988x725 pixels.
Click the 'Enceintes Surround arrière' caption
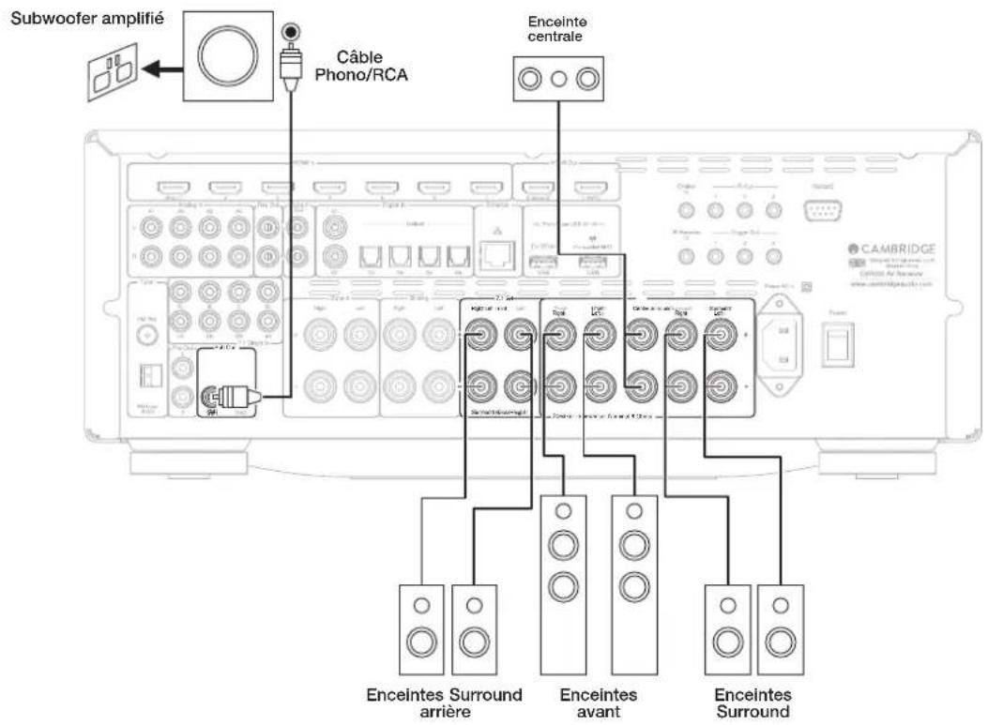[444, 702]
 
